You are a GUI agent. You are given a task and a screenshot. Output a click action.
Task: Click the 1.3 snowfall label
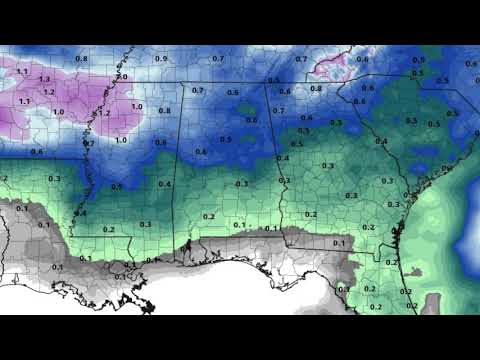pos(43,78)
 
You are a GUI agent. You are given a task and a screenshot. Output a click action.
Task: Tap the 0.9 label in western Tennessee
pos(161,60)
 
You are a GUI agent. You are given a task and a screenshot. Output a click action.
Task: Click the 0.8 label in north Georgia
pos(316,88)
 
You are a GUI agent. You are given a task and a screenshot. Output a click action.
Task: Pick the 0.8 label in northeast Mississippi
pos(165,110)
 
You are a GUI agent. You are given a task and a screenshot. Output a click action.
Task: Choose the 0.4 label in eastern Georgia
pos(381,142)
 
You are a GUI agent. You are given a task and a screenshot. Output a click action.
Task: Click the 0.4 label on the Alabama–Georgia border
pos(283,159)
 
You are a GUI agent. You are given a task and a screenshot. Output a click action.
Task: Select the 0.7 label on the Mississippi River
pos(89,144)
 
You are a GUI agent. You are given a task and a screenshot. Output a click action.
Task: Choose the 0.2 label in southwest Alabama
pos(208,216)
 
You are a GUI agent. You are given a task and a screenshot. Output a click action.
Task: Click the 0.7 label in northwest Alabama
pos(197,91)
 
